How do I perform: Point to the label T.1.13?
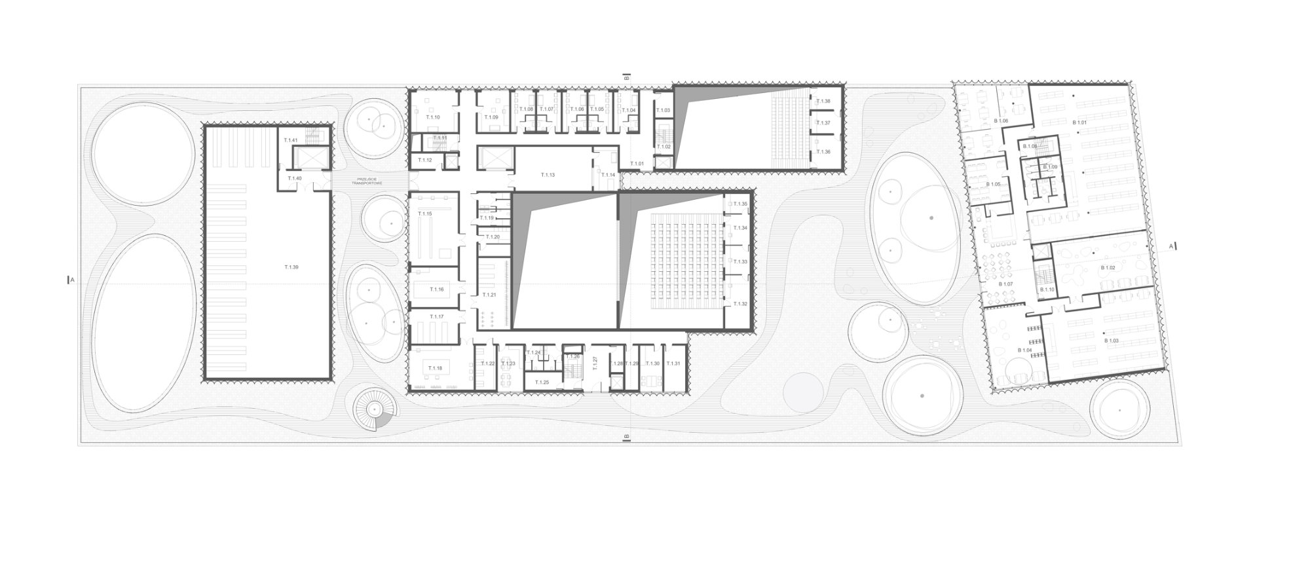tap(548, 175)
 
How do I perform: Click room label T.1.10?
tap(433, 117)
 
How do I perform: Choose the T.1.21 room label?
tap(489, 295)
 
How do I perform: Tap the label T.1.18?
tap(436, 368)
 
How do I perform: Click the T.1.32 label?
tap(741, 304)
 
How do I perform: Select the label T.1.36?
tap(824, 152)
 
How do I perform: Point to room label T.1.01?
tap(637, 163)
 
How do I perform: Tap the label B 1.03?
tap(1112, 341)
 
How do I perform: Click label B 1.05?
tap(993, 184)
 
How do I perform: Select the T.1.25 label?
tap(542, 381)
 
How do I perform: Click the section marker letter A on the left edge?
tap(73, 280)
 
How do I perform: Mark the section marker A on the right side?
tap(1170, 247)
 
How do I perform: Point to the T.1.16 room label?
tap(437, 289)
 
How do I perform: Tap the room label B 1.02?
tap(1108, 268)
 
